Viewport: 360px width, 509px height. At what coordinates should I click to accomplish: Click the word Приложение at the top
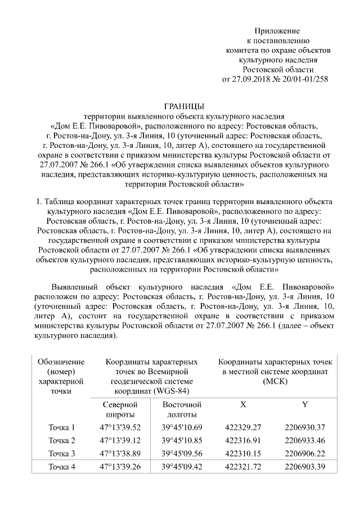(x=278, y=30)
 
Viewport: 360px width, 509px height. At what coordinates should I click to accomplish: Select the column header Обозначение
(x=61, y=361)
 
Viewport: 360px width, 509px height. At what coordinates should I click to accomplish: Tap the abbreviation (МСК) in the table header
(x=278, y=381)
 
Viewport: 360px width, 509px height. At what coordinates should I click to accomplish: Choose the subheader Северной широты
(x=120, y=409)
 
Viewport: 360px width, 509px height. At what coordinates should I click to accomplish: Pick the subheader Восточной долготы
(x=181, y=409)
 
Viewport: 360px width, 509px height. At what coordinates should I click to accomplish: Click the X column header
(x=243, y=405)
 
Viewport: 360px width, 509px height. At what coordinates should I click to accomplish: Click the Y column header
(x=304, y=405)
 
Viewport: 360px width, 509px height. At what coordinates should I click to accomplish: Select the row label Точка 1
(x=61, y=427)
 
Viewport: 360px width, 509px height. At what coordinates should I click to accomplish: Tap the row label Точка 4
(x=61, y=466)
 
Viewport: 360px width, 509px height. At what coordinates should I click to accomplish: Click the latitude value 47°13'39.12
(x=120, y=440)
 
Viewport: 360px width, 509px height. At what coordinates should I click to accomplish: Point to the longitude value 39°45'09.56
(x=181, y=453)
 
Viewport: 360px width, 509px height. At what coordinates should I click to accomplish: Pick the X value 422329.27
(x=243, y=427)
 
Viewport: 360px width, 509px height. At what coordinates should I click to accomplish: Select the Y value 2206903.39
(x=304, y=466)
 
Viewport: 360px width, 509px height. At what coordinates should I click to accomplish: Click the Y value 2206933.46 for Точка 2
(x=304, y=440)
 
